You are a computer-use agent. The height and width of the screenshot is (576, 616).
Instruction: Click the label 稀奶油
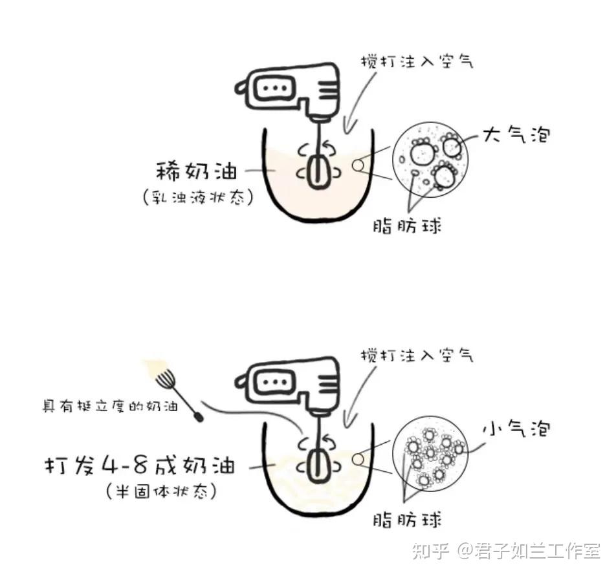click(197, 171)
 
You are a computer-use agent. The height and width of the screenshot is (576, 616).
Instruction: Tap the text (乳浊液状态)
click(198, 197)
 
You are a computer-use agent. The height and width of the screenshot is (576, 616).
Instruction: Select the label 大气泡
click(516, 134)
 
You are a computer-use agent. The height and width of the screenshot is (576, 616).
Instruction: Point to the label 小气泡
click(516, 428)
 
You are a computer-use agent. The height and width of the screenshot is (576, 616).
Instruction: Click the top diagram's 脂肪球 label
click(408, 226)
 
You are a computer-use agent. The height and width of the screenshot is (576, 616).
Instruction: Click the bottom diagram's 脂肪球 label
click(408, 520)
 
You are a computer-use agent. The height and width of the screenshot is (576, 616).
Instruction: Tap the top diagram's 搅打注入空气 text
click(417, 61)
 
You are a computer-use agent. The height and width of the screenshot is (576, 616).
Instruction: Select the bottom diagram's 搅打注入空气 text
click(417, 356)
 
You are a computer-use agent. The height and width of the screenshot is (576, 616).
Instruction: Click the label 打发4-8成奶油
click(140, 465)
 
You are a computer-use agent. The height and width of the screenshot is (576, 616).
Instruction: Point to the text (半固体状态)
click(162, 491)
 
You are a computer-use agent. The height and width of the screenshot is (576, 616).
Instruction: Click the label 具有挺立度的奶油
click(110, 406)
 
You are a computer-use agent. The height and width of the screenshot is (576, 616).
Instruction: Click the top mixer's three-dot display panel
click(274, 88)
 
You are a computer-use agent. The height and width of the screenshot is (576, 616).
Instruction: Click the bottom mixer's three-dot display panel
click(274, 381)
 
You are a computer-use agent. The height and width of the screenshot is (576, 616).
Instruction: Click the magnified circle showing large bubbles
click(430, 160)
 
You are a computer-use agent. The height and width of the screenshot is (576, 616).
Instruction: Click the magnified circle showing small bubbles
click(430, 453)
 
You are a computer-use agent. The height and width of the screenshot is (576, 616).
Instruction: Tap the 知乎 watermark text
click(430, 551)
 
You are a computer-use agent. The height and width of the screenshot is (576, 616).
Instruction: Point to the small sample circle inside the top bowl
click(358, 165)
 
